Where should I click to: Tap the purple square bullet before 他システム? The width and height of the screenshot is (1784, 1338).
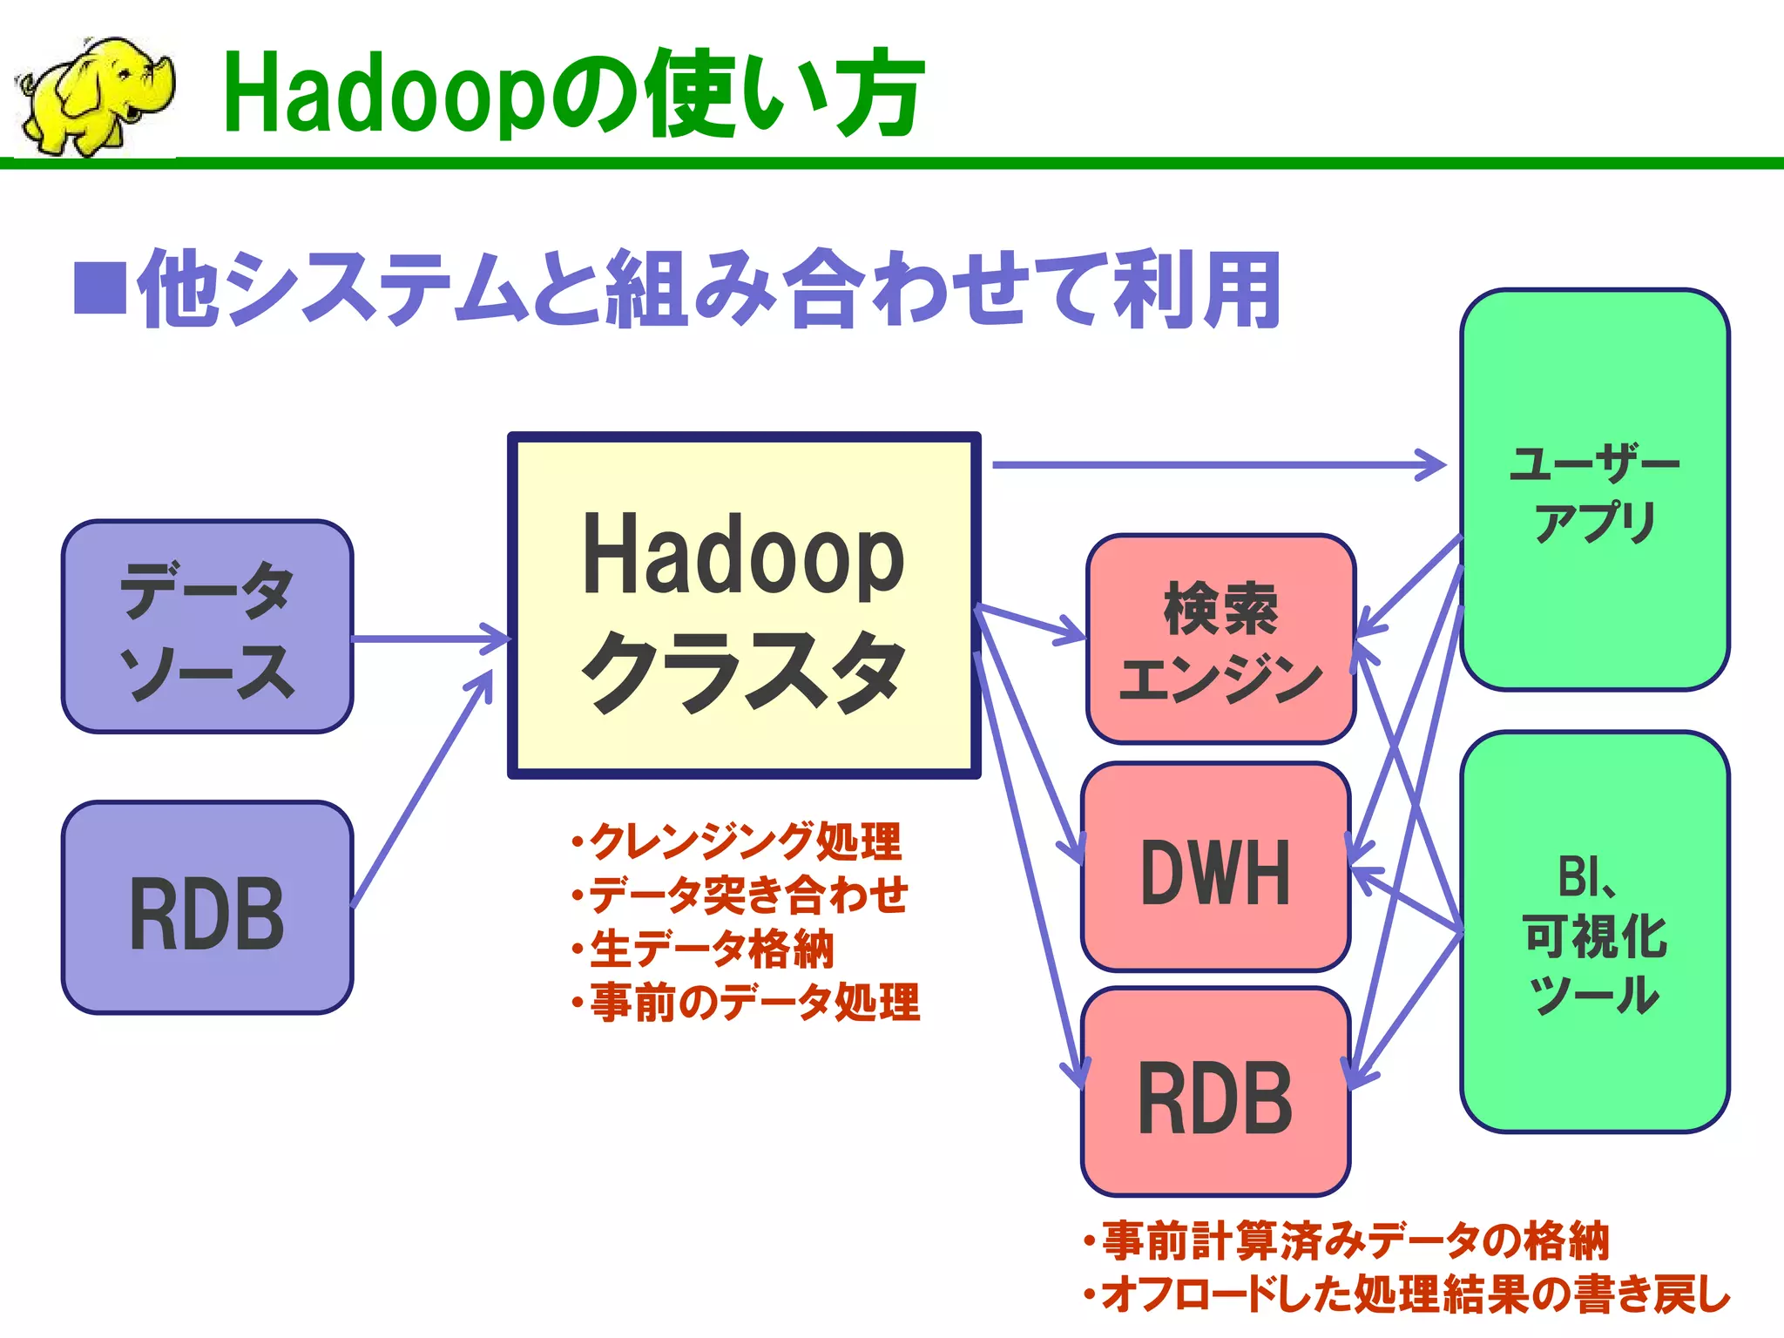[100, 287]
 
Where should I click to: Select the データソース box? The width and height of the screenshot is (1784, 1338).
[207, 627]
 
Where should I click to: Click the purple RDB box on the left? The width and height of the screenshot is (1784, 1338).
[207, 908]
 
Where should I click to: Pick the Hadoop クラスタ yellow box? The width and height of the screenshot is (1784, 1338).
[744, 605]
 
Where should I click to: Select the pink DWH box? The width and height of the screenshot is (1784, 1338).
[1215, 868]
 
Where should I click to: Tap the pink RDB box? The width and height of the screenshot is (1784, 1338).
[1215, 1093]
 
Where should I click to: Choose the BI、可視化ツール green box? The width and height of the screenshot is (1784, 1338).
[1594, 932]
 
